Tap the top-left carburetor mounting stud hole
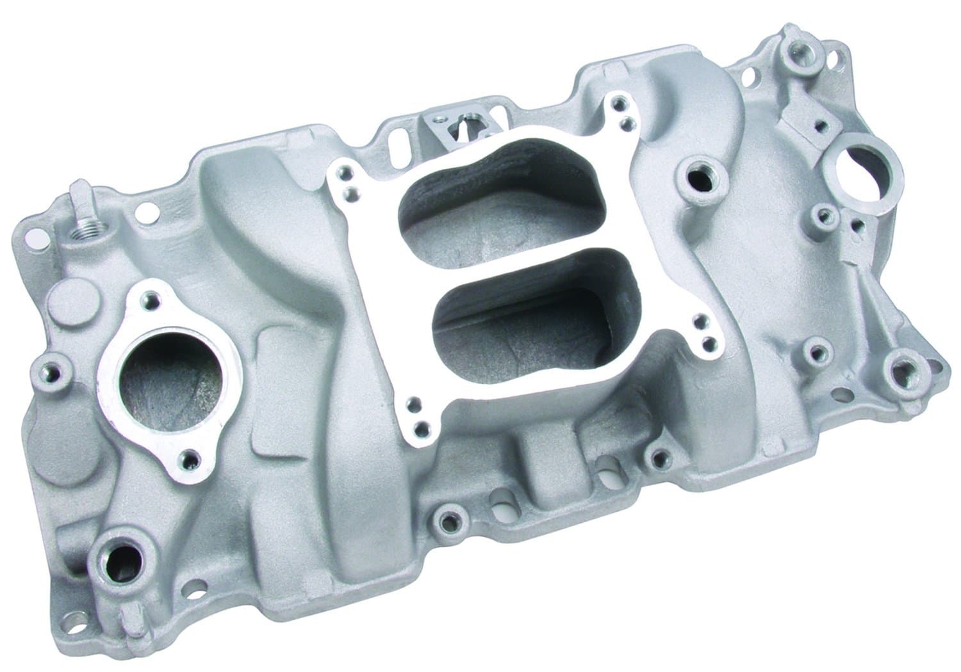pos(347,171)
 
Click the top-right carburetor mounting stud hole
pos(616,101)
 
